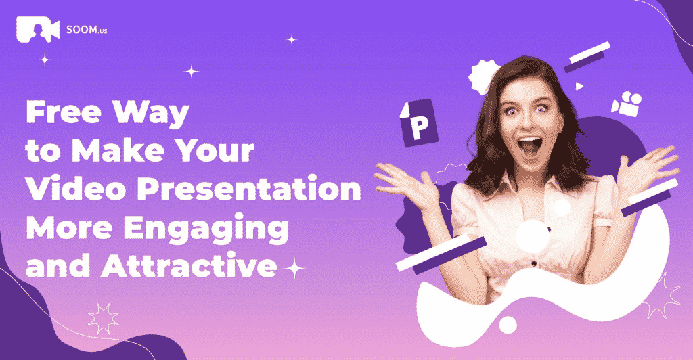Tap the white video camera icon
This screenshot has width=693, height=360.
click(x=627, y=104)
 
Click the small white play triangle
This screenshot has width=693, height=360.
click(x=579, y=86)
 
